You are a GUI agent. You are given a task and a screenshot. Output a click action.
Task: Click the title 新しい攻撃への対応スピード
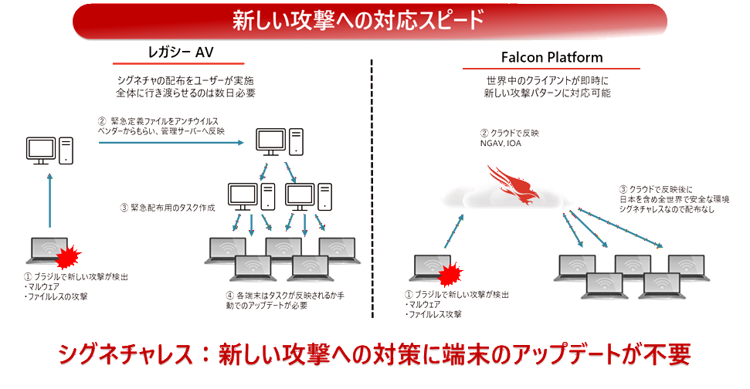358,20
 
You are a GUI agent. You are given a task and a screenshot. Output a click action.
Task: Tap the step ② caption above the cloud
505,137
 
